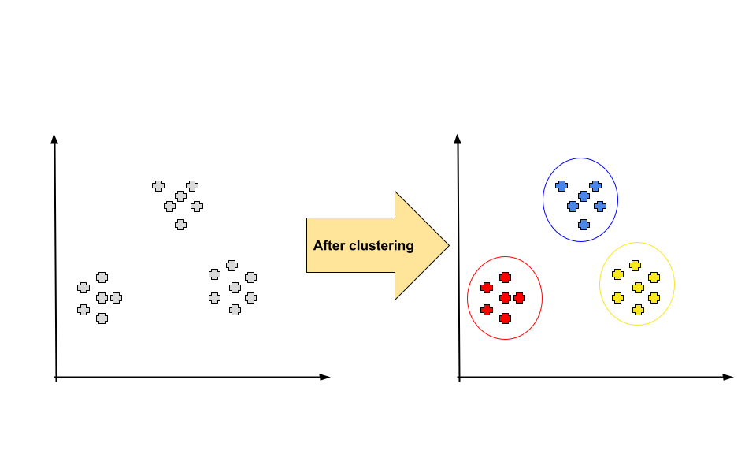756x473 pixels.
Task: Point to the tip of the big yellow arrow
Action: tap(448, 245)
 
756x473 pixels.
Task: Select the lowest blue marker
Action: tap(584, 225)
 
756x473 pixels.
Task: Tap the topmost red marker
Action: tap(505, 277)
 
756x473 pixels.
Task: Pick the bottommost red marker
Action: tap(505, 318)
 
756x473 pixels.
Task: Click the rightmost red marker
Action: tap(519, 298)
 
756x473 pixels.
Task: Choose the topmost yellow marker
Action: tap(635, 266)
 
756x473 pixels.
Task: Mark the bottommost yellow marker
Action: tap(638, 310)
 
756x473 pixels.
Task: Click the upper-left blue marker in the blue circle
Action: tap(561, 186)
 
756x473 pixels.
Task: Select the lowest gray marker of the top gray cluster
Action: tap(180, 225)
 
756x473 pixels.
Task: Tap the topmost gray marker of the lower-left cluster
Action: tap(102, 277)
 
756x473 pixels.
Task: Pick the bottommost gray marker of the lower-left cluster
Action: tap(102, 318)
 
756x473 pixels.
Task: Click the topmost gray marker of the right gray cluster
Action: tap(232, 266)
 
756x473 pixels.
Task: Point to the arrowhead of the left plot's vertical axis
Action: tap(54, 139)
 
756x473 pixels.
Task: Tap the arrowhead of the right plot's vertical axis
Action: tap(458, 139)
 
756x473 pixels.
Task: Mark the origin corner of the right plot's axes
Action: tap(459, 378)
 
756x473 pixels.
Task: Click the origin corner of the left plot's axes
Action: tap(56, 378)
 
